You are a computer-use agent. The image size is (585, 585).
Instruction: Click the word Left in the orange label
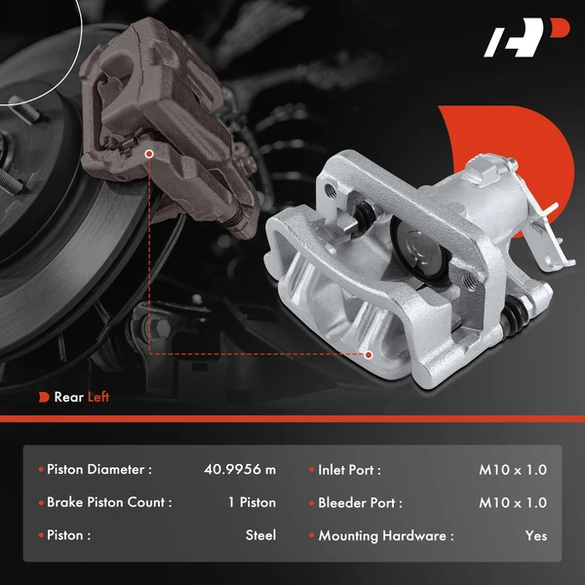click(x=98, y=397)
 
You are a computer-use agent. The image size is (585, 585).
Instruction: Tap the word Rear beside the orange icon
click(x=68, y=397)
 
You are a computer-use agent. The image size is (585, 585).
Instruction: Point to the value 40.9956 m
click(x=241, y=469)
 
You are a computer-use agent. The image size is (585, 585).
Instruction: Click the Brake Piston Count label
click(x=109, y=502)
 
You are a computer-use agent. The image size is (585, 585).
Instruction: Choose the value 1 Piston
click(x=246, y=502)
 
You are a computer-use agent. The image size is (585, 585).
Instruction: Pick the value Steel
click(x=260, y=535)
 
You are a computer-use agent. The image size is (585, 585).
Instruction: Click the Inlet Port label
click(x=349, y=469)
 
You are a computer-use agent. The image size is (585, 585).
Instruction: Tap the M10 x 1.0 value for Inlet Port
click(x=513, y=469)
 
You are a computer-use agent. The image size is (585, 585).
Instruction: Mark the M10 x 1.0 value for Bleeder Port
click(x=513, y=502)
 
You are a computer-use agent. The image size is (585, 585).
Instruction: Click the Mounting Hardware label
click(x=385, y=535)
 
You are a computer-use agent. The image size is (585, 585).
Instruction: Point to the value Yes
click(x=535, y=535)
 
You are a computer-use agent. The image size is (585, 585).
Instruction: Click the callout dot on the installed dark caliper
click(x=148, y=153)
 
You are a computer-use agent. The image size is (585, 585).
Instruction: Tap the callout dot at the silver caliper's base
click(x=369, y=354)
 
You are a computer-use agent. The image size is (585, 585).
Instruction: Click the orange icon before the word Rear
click(x=44, y=397)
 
